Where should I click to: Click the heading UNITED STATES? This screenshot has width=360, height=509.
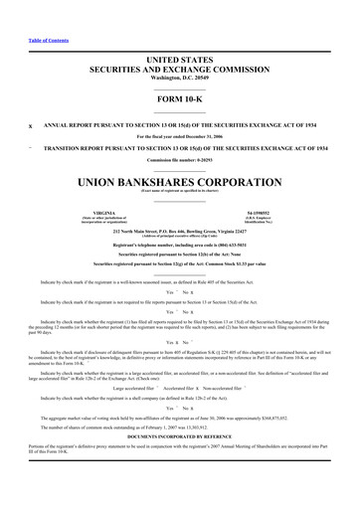click(179, 61)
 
